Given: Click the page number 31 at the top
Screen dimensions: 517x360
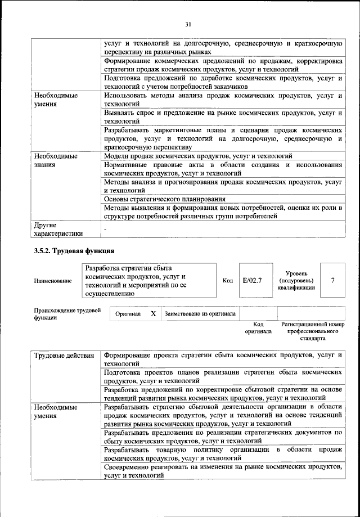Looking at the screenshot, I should pos(188,23).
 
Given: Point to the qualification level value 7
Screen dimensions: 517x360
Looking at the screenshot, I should pos(333,280).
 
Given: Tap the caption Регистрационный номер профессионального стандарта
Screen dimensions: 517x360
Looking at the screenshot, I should pos(312,332).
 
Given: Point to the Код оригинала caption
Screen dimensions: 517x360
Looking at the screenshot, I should pos(258,328).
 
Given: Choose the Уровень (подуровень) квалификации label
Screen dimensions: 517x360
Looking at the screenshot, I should pos(296,280).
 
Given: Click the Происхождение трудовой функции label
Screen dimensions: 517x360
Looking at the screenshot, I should pos(67,313).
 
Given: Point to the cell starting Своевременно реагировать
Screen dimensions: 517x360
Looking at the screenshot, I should pos(223,471).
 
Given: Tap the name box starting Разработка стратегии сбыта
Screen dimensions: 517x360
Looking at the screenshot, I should pos(148,280).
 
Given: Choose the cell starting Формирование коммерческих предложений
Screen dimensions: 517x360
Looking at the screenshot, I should pos(223,64).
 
